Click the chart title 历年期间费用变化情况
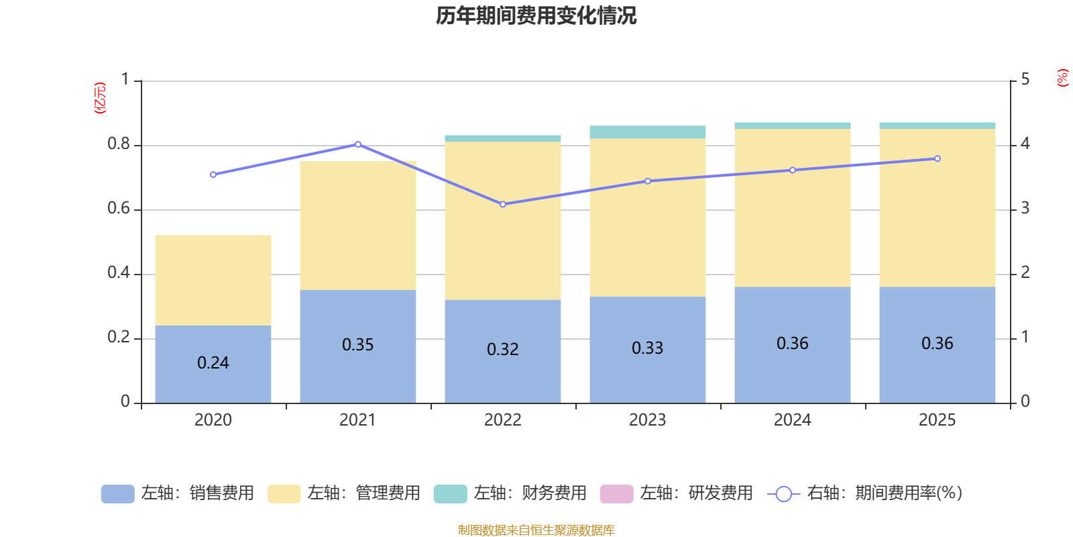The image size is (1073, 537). pyautogui.click(x=536, y=15)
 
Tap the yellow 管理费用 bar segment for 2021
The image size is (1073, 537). pyautogui.click(x=358, y=226)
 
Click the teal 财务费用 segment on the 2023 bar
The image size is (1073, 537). pyautogui.click(x=648, y=132)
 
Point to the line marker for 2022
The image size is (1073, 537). pyautogui.click(x=503, y=204)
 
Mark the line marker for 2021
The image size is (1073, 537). pyautogui.click(x=358, y=144)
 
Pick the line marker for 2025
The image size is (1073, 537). pyautogui.click(x=938, y=159)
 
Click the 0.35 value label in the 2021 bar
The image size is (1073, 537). pyautogui.click(x=358, y=345)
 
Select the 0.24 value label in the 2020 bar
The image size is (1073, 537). pyautogui.click(x=213, y=363)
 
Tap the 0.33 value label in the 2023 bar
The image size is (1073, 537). pyautogui.click(x=648, y=348)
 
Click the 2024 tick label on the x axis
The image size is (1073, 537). pyautogui.click(x=793, y=420)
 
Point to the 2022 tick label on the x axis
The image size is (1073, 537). pyautogui.click(x=503, y=420)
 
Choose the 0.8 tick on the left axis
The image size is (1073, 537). pyautogui.click(x=119, y=144)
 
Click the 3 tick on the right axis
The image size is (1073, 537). pyautogui.click(x=1025, y=209)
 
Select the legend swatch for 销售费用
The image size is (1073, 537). pyautogui.click(x=117, y=494)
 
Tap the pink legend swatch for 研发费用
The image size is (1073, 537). pyautogui.click(x=616, y=494)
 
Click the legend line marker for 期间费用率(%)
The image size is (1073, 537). pyautogui.click(x=783, y=494)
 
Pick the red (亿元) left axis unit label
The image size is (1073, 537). pyautogui.click(x=100, y=98)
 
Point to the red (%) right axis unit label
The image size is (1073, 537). pyautogui.click(x=1062, y=78)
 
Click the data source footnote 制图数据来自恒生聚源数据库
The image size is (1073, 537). pyautogui.click(x=536, y=530)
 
